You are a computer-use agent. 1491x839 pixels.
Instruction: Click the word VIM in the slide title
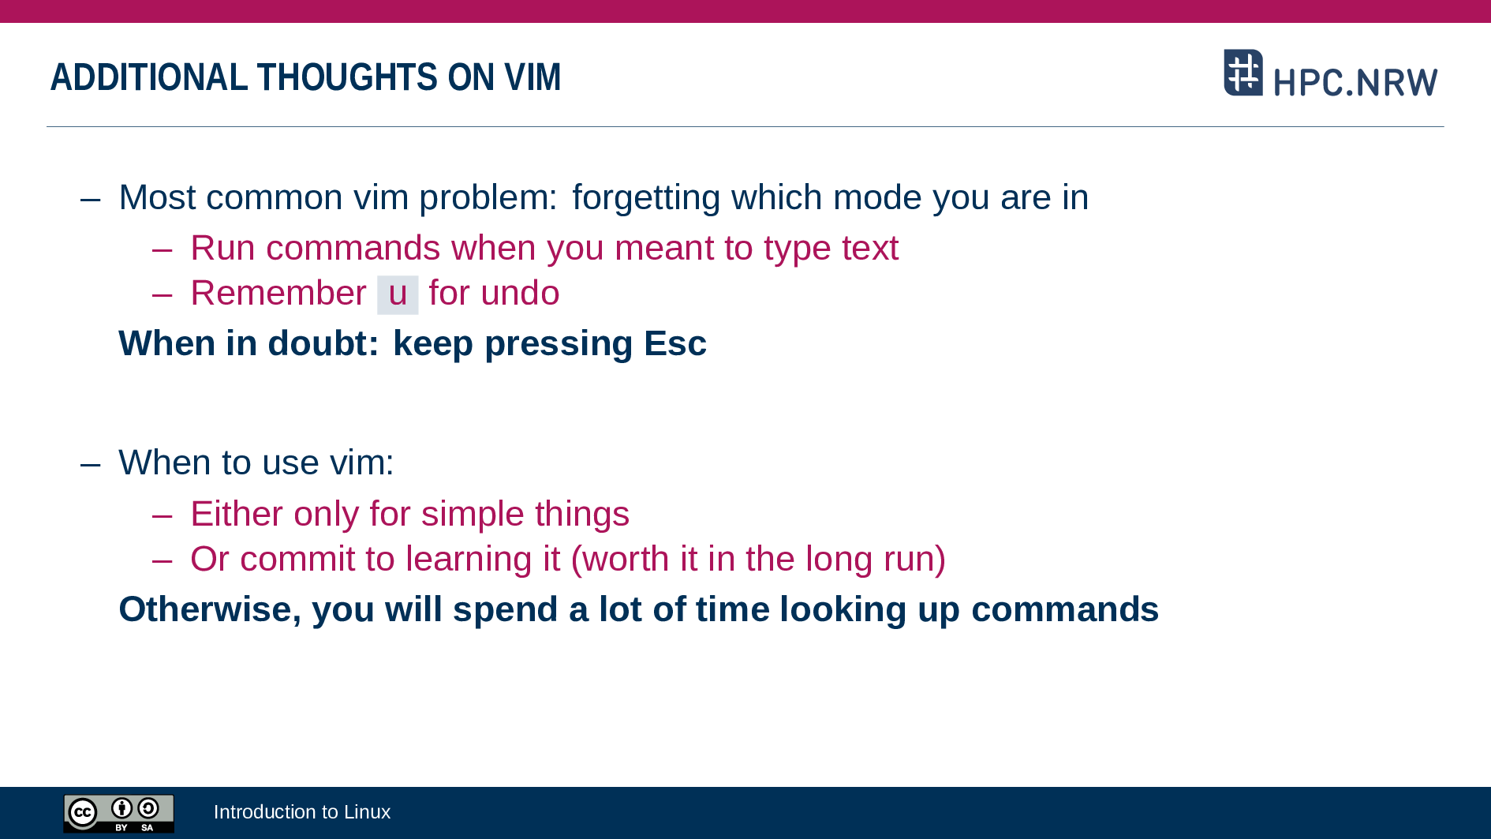tap(532, 77)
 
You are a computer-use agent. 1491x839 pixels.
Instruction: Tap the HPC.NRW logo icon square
tap(1243, 73)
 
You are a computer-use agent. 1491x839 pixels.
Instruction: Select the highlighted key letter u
tap(398, 294)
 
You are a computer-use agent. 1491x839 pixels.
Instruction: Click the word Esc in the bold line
tap(674, 343)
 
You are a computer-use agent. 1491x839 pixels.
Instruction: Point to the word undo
tap(521, 293)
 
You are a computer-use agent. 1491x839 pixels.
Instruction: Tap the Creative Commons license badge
tap(119, 813)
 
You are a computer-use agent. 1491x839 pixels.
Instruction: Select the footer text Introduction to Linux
tap(302, 812)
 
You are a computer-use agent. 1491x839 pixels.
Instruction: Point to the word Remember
tap(278, 293)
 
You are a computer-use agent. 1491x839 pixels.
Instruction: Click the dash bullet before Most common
tap(91, 199)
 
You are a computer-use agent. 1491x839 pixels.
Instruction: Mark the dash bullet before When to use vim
tap(91, 464)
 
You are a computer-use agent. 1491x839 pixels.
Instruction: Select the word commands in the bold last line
tap(1065, 609)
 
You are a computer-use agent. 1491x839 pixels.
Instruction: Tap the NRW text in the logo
tap(1397, 82)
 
